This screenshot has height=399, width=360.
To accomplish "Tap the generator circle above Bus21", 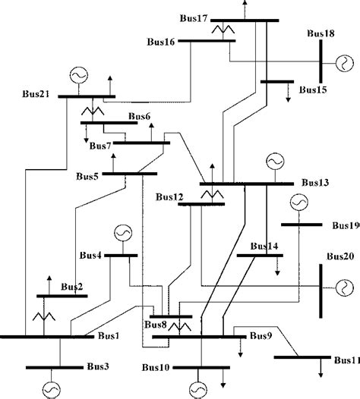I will pyautogui.click(x=77, y=76).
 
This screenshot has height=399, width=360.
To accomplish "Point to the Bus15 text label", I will pyautogui.click(x=312, y=90).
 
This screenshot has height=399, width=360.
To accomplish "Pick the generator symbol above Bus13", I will pyautogui.click(x=273, y=162).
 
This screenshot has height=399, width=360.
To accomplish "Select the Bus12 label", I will pyautogui.click(x=169, y=197).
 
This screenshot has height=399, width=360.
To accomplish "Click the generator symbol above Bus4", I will pyautogui.click(x=122, y=233).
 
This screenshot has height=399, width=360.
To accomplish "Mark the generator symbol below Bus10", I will pyautogui.click(x=197, y=388).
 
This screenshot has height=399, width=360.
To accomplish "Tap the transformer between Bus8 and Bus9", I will pyautogui.click(x=179, y=327).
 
